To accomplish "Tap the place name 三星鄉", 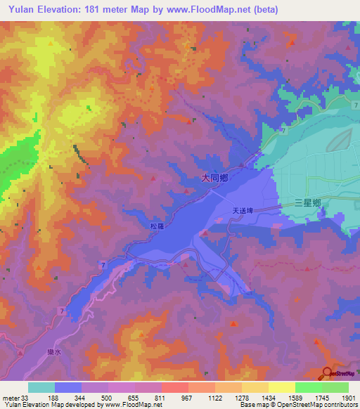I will click(x=308, y=203).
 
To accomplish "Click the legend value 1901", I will click(x=347, y=397).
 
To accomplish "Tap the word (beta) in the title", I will click(x=266, y=10).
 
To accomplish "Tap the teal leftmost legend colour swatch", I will click(x=41, y=387).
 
